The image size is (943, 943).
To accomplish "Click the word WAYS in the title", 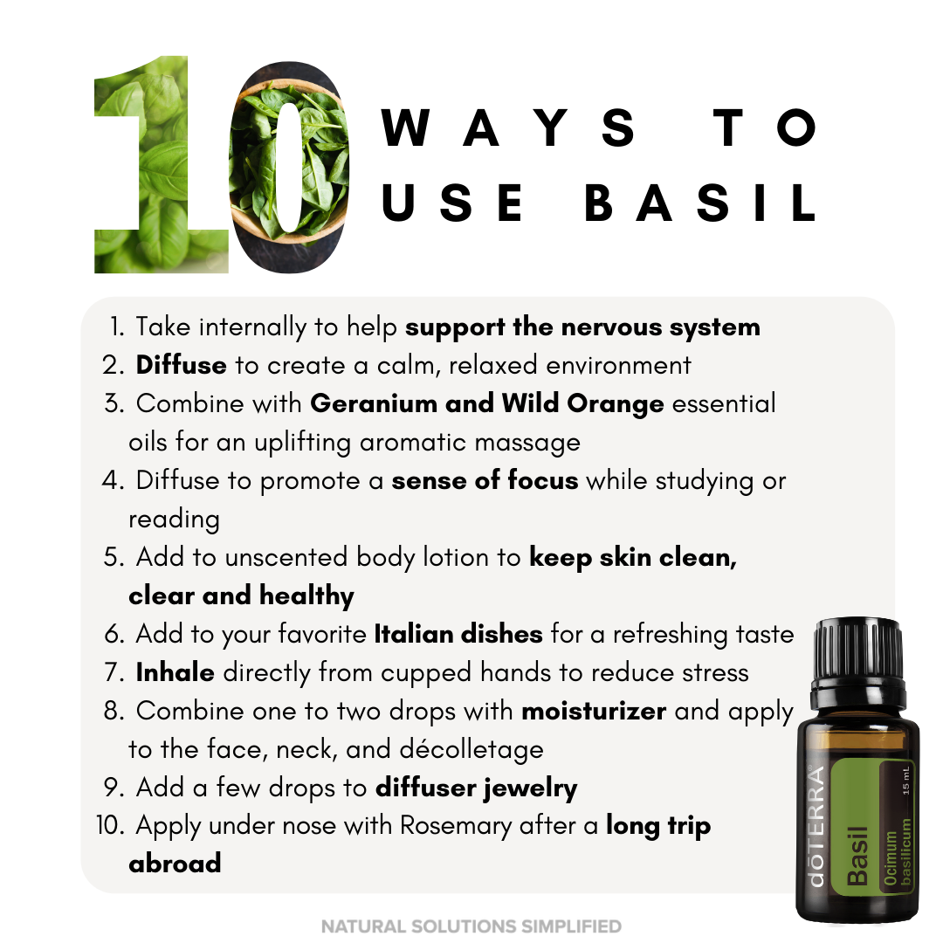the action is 508,127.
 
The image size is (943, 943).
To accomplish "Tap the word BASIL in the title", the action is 700,203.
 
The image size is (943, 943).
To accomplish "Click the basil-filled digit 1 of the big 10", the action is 162,164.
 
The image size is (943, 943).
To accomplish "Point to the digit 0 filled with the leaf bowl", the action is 289,167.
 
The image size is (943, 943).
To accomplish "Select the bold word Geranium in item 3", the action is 374,403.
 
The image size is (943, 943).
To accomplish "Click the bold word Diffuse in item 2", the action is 181,365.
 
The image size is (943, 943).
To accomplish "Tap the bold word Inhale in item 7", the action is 175,672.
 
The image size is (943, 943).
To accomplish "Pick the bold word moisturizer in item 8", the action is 594,711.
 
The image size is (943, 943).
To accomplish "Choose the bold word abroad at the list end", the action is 175,864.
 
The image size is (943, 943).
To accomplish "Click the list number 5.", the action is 114,557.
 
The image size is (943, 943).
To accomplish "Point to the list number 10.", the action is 110,826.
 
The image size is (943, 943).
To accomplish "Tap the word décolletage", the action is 471,749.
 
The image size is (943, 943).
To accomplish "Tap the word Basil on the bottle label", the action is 857,855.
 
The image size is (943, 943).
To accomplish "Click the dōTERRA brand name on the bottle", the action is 816,826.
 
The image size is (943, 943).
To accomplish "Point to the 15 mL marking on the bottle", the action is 905,781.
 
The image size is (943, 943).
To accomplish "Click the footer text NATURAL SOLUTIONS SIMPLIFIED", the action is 471,926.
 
